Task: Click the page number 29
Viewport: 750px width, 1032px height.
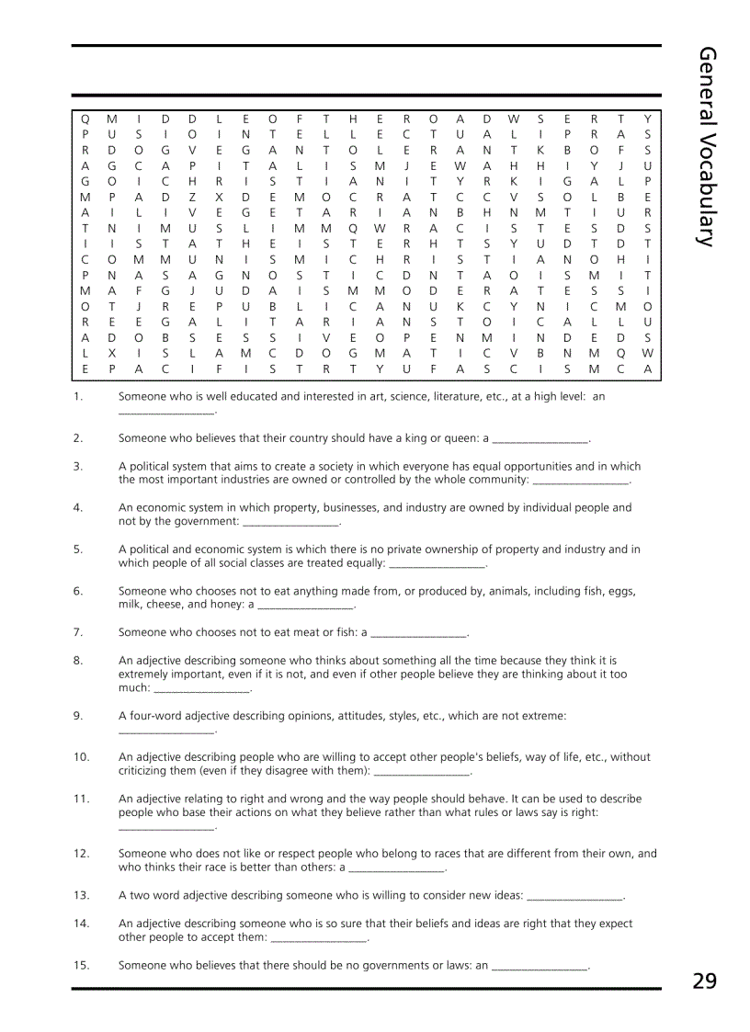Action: coord(704,981)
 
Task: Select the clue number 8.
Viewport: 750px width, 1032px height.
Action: coord(78,660)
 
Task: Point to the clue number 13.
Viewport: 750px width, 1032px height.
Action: coord(81,895)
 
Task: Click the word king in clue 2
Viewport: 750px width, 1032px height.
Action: coord(406,438)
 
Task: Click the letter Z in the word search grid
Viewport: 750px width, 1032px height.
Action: coord(191,196)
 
